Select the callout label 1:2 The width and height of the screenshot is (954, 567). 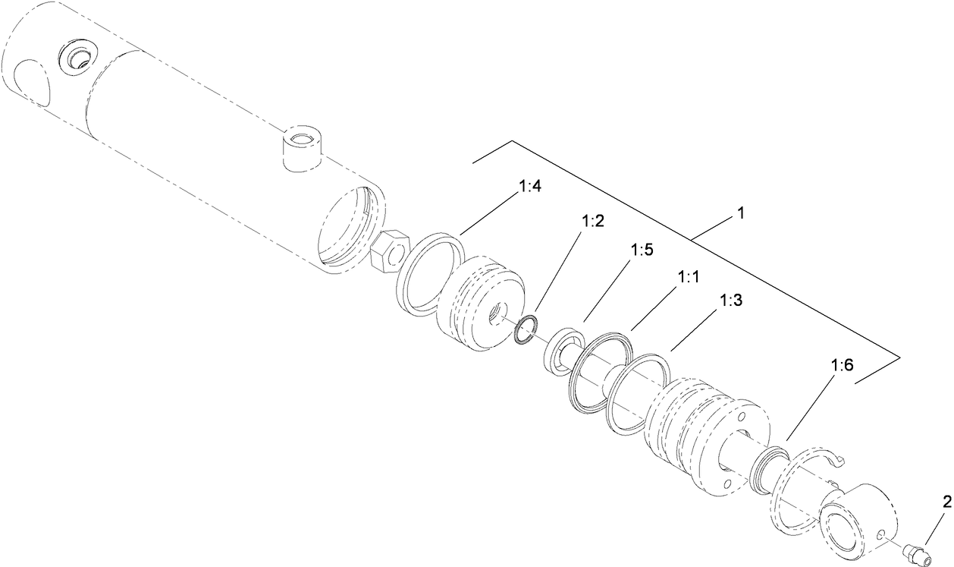click(592, 222)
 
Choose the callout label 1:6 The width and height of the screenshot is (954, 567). click(842, 366)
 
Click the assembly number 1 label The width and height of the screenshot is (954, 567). click(739, 215)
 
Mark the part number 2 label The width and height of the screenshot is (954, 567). click(946, 501)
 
